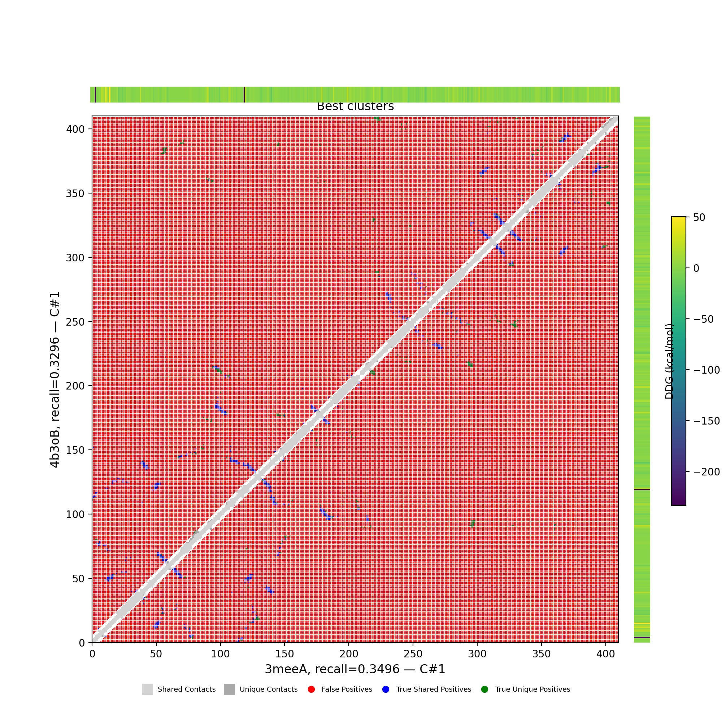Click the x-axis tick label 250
click(x=413, y=654)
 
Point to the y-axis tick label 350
click(x=75, y=193)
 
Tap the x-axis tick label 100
click(x=221, y=654)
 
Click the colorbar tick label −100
click(x=706, y=370)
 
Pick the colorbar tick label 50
click(x=699, y=217)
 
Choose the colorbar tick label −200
click(x=706, y=472)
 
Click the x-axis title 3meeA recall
click(x=355, y=669)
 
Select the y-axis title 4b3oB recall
click(x=55, y=380)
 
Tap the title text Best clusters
click(x=355, y=106)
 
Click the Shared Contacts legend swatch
click(x=147, y=690)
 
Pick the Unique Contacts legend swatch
click(x=230, y=690)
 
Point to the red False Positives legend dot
click(x=311, y=690)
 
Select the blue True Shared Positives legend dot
click(x=386, y=690)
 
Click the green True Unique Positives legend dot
click(x=485, y=690)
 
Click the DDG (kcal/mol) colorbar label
click(x=669, y=361)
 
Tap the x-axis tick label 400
click(x=606, y=654)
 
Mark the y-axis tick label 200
click(x=75, y=386)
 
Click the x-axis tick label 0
click(x=92, y=654)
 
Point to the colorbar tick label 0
click(x=696, y=268)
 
